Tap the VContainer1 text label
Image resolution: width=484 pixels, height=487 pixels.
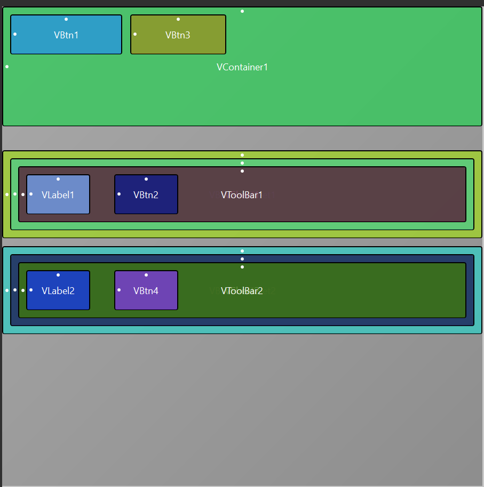click(x=242, y=67)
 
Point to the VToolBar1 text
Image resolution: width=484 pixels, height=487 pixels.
click(x=242, y=195)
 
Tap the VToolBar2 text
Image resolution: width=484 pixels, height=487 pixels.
click(x=242, y=291)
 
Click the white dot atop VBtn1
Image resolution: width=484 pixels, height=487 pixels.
click(x=66, y=19)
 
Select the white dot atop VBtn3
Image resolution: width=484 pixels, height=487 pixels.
click(x=178, y=19)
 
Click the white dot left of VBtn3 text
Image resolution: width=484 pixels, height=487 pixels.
click(x=135, y=34)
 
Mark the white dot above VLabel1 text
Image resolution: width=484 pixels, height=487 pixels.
click(x=58, y=179)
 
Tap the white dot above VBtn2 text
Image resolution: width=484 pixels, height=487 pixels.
click(x=146, y=179)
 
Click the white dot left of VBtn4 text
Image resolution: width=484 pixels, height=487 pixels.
click(x=119, y=290)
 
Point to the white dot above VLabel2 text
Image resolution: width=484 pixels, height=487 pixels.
click(x=58, y=275)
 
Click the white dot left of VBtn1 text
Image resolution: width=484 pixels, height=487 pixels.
click(x=15, y=34)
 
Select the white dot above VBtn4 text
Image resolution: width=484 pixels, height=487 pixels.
click(x=146, y=275)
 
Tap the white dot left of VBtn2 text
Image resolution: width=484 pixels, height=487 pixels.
click(x=119, y=194)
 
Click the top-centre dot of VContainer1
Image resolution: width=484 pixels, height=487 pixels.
click(x=242, y=11)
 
